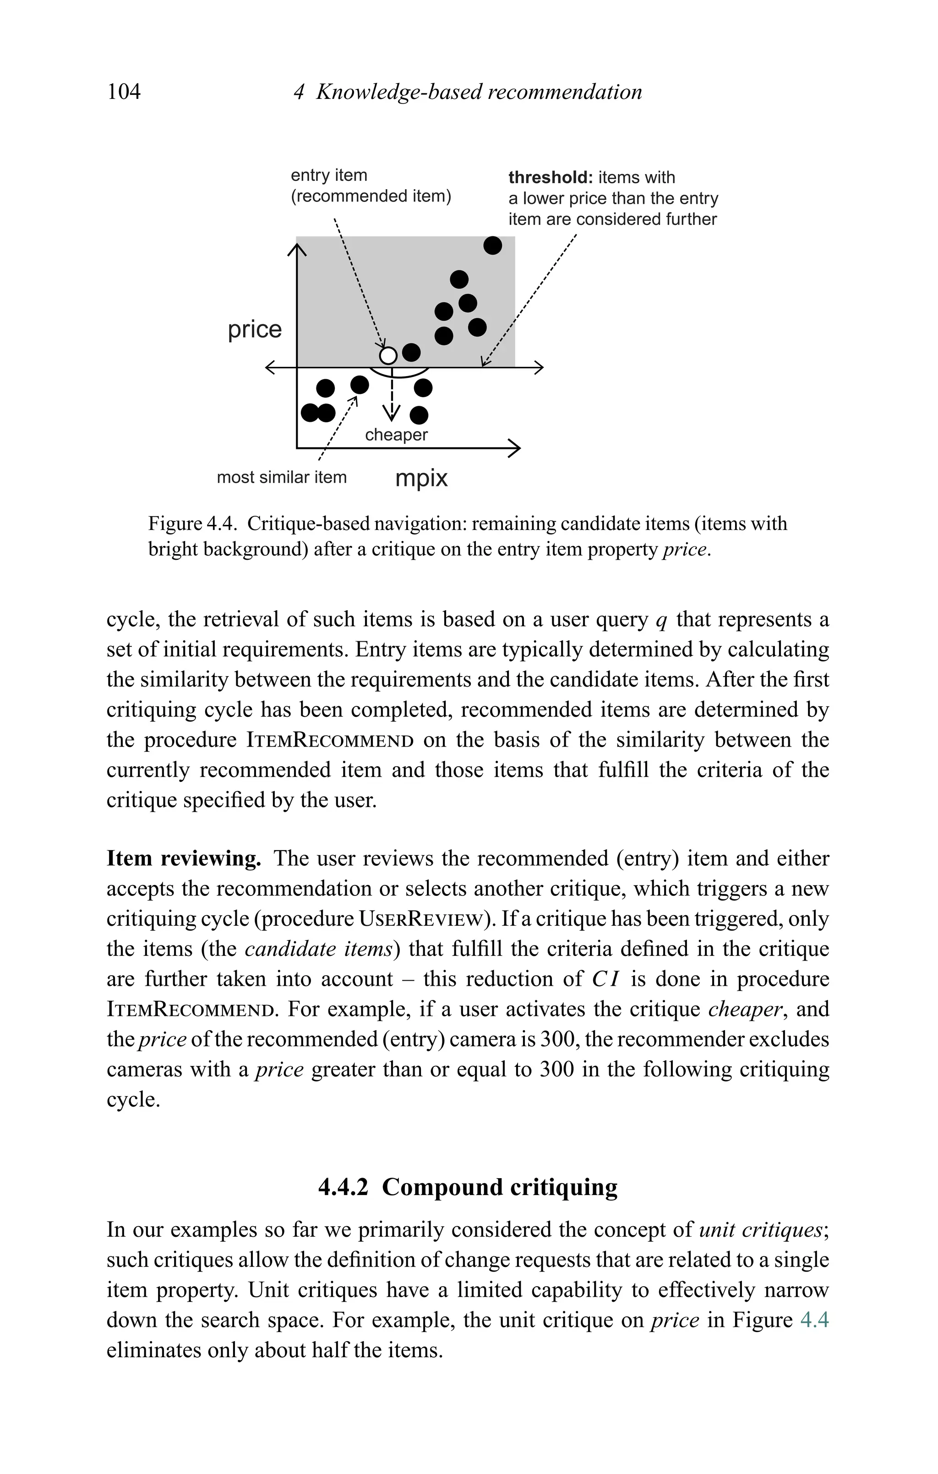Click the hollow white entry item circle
[x=388, y=355]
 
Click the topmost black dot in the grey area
[x=492, y=246]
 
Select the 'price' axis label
[x=255, y=329]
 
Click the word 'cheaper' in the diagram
[x=396, y=435]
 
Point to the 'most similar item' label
[x=282, y=477]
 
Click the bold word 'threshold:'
[x=551, y=178]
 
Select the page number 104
[x=124, y=92]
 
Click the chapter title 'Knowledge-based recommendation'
[x=479, y=92]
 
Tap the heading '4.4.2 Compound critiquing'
[x=468, y=1187]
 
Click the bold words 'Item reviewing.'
[x=184, y=858]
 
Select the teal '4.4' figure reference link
[x=814, y=1321]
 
